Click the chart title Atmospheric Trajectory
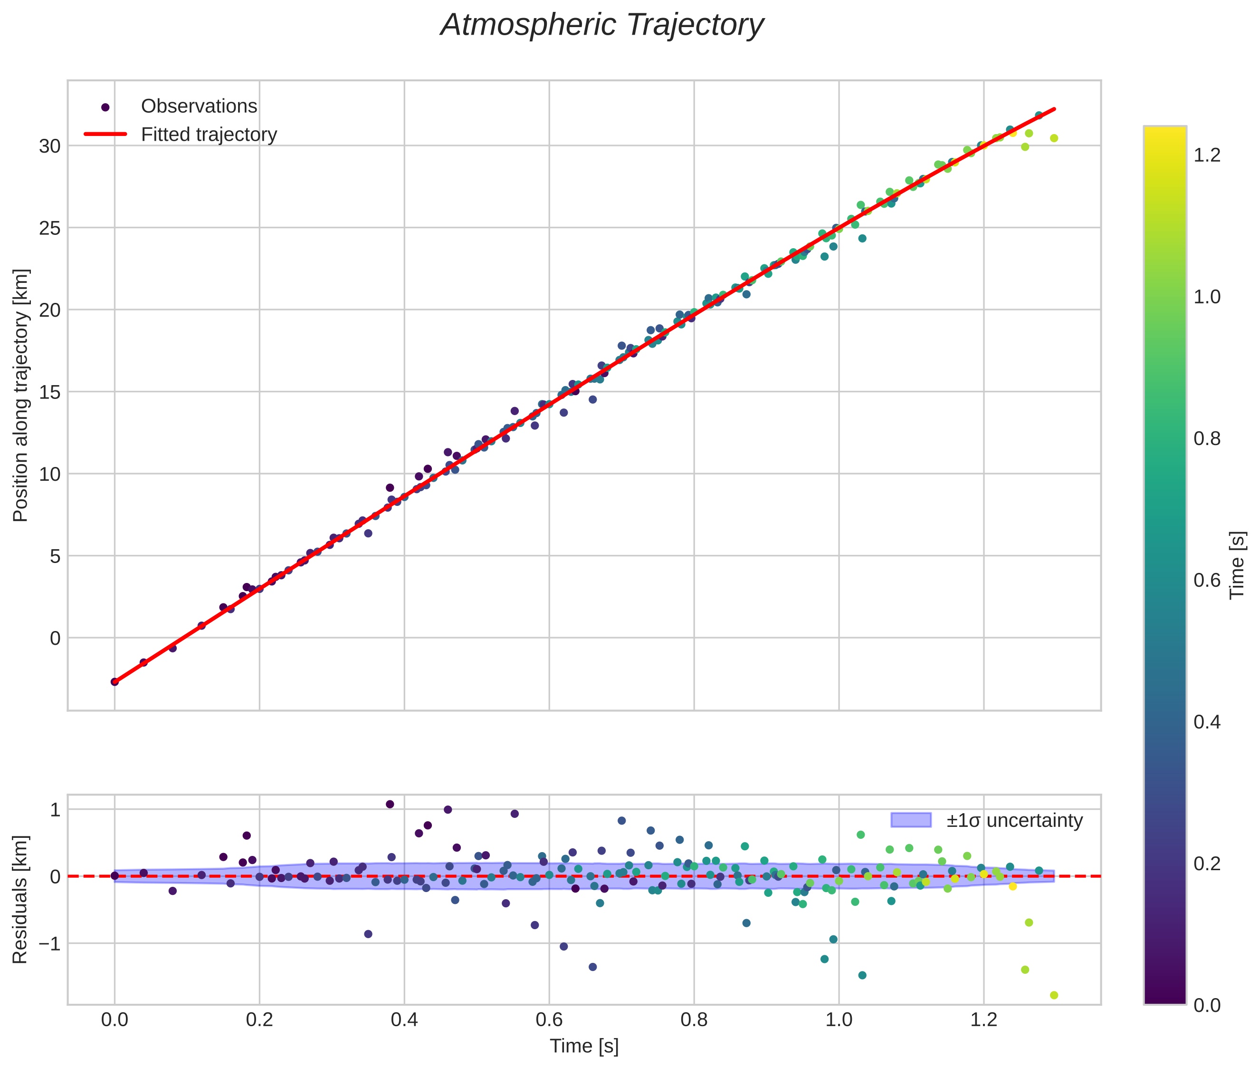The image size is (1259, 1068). (601, 25)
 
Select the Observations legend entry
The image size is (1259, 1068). (199, 107)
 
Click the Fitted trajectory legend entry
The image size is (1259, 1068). (209, 135)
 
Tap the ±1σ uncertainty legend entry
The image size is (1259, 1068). (1014, 820)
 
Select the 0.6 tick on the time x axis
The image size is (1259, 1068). (549, 1019)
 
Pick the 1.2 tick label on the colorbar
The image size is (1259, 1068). (1206, 155)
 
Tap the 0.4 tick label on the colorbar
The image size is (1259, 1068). (1206, 722)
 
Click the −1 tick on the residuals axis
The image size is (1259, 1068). (47, 944)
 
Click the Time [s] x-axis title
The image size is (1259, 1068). (584, 1046)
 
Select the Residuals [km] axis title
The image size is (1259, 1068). (20, 899)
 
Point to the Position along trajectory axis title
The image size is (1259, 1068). (20, 395)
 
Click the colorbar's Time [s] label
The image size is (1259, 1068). (1237, 564)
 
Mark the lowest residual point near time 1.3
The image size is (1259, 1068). (1054, 995)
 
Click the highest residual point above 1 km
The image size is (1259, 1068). (390, 804)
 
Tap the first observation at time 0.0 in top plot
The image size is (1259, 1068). (114, 682)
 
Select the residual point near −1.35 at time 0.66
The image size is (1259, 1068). (593, 967)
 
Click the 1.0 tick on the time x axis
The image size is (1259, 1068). (839, 1019)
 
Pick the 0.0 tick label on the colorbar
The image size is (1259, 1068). (1206, 1006)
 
